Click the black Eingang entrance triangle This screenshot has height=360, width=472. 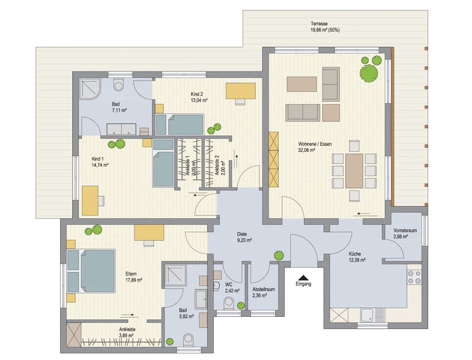click(x=303, y=278)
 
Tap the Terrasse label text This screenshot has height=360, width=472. click(x=319, y=23)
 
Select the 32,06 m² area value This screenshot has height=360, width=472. click(x=307, y=150)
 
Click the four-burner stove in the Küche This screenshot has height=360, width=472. click(x=414, y=277)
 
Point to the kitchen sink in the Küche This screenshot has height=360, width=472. click(x=373, y=315)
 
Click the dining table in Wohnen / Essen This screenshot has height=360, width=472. click(x=354, y=170)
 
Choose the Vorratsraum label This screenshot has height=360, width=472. click(x=405, y=230)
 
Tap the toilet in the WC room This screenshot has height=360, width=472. click(x=229, y=303)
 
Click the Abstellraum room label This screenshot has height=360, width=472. click(x=264, y=289)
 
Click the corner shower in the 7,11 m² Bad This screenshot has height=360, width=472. click(x=90, y=88)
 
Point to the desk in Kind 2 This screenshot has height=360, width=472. click(x=241, y=91)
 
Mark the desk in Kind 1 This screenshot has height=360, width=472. click(x=90, y=200)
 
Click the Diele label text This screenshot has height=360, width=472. click(x=242, y=234)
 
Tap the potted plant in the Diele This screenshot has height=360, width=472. click(x=279, y=256)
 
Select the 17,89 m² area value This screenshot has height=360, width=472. click(x=134, y=280)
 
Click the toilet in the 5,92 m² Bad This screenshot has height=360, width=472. click(x=189, y=340)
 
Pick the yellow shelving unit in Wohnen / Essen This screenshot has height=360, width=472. click(x=274, y=160)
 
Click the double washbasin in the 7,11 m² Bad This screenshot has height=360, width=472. click(x=122, y=129)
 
